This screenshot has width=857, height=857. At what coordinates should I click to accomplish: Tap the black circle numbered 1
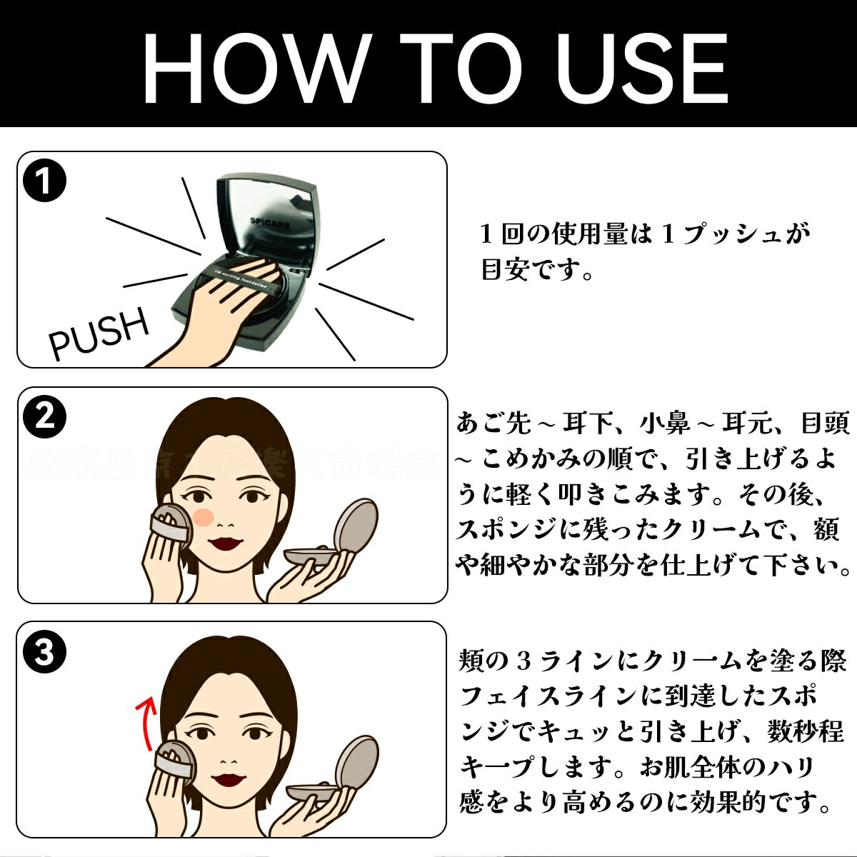pyautogui.click(x=44, y=182)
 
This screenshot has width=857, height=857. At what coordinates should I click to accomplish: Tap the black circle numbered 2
pyautogui.click(x=44, y=417)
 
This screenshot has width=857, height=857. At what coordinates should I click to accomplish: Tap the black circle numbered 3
pyautogui.click(x=44, y=652)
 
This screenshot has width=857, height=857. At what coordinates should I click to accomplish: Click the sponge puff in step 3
pyautogui.click(x=171, y=761)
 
